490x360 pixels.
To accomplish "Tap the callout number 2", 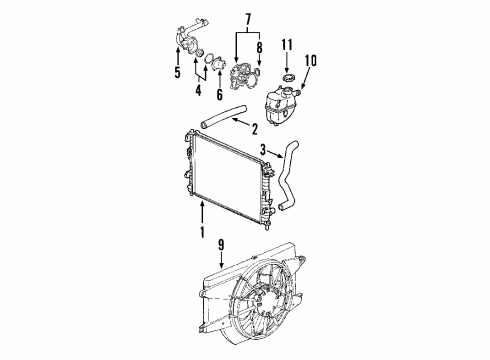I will click(x=255, y=128).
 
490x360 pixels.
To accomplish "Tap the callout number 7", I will click(x=236, y=19).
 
